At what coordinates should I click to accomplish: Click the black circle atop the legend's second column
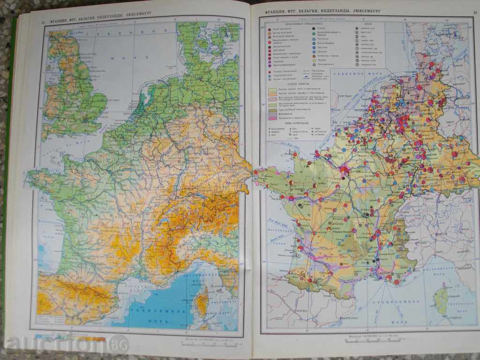point(314,29)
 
